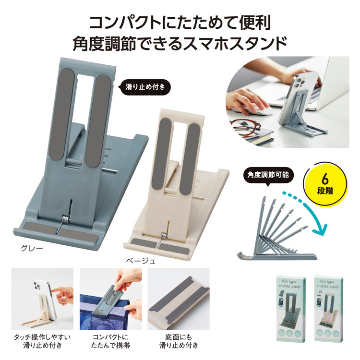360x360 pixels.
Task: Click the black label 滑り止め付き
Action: [145, 87]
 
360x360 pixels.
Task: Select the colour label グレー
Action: [32, 248]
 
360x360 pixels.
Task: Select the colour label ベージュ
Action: [141, 261]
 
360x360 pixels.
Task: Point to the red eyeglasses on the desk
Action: [245, 128]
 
